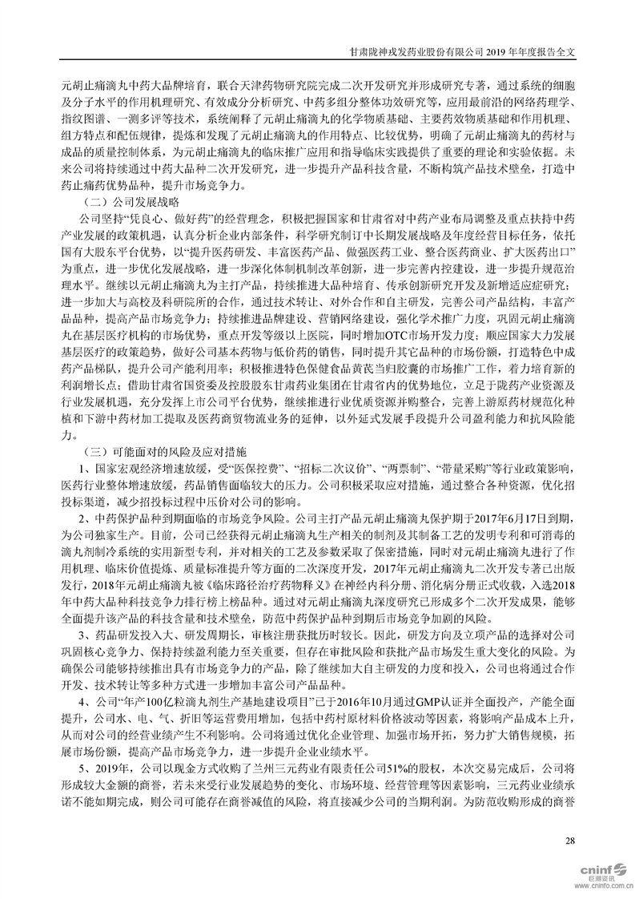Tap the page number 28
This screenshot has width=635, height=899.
570,840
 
